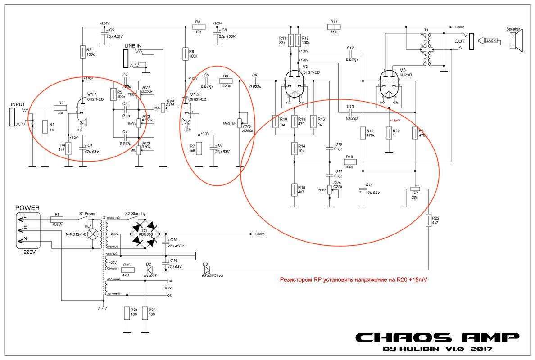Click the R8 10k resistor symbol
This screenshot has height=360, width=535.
click(199, 27)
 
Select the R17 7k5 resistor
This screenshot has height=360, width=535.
click(334, 27)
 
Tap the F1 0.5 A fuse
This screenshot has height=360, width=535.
click(57, 219)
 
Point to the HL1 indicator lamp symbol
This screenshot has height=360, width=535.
click(93, 234)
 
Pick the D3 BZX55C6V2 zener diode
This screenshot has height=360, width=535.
click(206, 270)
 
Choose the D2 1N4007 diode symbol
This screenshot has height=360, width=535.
click(149, 270)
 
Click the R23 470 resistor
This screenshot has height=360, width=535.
click(127, 270)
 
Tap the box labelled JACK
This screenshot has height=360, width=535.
click(491, 40)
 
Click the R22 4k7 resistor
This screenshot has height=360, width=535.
click(429, 220)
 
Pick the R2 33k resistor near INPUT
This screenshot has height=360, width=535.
click(60, 108)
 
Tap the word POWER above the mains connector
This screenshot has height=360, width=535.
click(27, 208)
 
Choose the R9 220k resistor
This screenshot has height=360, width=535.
click(226, 81)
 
